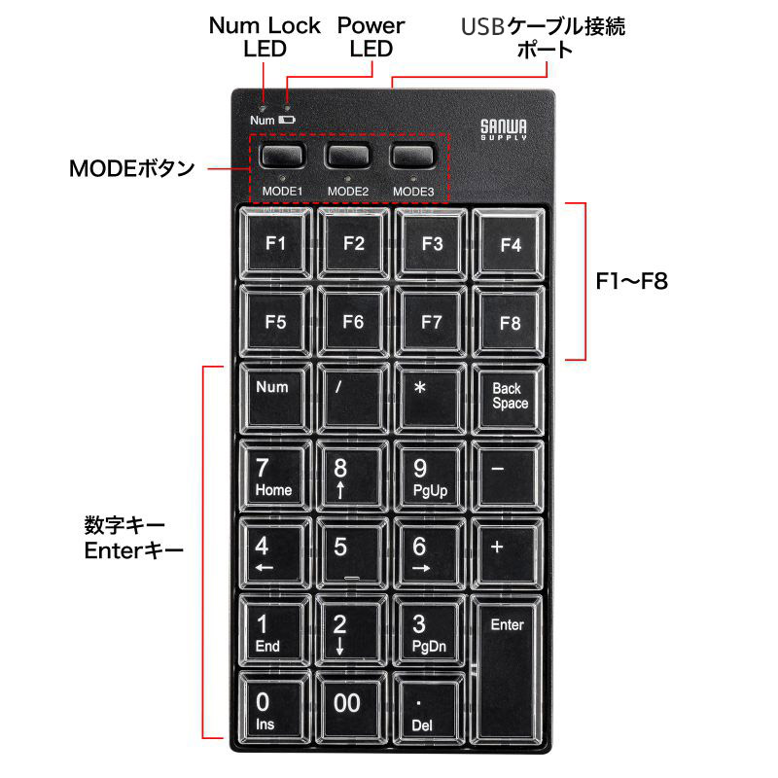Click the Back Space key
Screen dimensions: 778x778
510,397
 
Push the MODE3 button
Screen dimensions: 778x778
413,156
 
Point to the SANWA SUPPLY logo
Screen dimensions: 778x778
504,129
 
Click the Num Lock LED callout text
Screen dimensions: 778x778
265,36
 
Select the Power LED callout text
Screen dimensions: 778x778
371,36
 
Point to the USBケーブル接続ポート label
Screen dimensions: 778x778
545,37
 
